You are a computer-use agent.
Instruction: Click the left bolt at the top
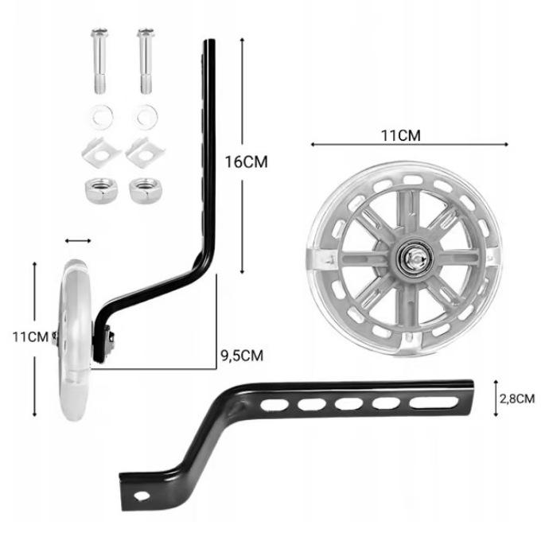[x=99, y=61]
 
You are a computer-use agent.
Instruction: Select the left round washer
[x=101, y=116]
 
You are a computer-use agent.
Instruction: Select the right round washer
[x=146, y=116]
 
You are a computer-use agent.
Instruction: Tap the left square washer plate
[x=101, y=153]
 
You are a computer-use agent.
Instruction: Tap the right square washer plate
[x=145, y=153]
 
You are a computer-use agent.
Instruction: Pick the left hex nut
[x=101, y=190]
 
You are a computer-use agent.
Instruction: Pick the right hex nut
[x=146, y=190]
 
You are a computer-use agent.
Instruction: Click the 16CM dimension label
[x=246, y=162]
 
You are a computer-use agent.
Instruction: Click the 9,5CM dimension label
[x=242, y=356]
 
